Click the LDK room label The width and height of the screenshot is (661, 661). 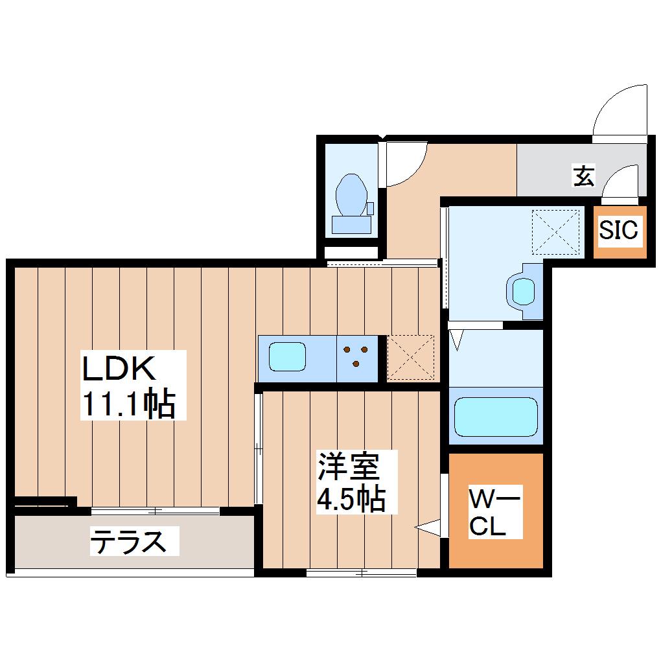(119, 369)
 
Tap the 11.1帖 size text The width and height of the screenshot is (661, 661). (128, 404)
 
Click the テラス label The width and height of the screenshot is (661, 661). (128, 541)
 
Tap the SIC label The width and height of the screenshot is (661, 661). (618, 230)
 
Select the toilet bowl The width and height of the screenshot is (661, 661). (351, 195)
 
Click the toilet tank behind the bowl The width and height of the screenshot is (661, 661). (351, 224)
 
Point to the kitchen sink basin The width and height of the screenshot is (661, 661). (288, 356)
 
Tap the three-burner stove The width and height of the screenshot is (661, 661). (356, 359)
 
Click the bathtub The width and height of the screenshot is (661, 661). (496, 417)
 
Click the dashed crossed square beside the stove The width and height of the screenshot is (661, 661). (411, 357)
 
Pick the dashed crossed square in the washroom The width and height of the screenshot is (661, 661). (555, 232)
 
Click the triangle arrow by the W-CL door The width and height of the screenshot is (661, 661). (428, 528)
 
